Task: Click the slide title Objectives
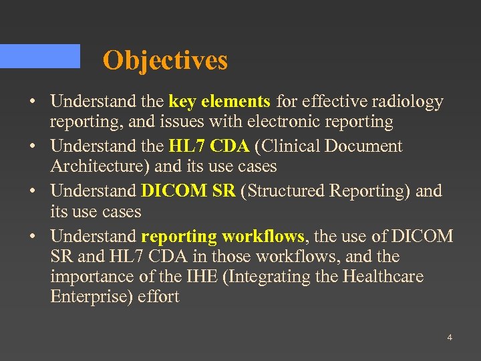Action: [x=165, y=60]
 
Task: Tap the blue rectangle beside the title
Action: [x=40, y=56]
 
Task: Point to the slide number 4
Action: [x=450, y=338]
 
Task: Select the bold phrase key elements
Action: [x=220, y=102]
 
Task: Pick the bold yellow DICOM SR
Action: [x=188, y=191]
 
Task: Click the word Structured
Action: [x=289, y=191]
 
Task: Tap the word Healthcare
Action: [x=383, y=277]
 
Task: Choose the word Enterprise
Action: [x=91, y=297]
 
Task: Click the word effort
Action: [x=158, y=297]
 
